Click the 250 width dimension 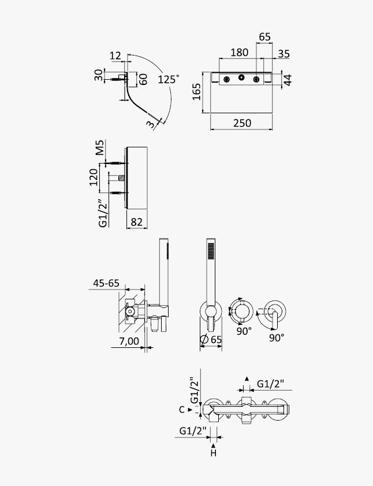click(242, 123)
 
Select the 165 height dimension click(197, 92)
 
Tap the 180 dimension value click(239, 53)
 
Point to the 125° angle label click(169, 79)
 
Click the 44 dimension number click(288, 80)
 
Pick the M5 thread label click(100, 147)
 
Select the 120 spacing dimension click(94, 177)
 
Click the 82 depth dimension click(137, 222)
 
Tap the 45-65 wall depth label click(106, 283)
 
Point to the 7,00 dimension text click(129, 342)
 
